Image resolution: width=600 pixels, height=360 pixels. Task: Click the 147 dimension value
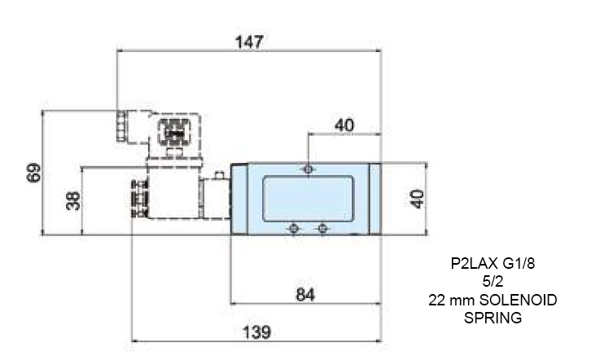pyautogui.click(x=249, y=42)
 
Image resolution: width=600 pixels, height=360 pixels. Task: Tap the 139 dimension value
pyautogui.click(x=256, y=332)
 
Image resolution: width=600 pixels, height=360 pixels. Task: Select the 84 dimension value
pyautogui.click(x=305, y=295)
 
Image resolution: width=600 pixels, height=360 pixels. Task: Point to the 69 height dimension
pyautogui.click(x=33, y=173)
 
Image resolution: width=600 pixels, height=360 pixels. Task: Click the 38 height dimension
pyautogui.click(x=73, y=200)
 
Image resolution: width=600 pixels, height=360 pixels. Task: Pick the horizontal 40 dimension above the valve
pyautogui.click(x=344, y=125)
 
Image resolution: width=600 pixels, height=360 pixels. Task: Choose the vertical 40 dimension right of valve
pyautogui.click(x=417, y=199)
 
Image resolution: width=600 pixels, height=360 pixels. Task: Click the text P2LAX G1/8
pyautogui.click(x=493, y=264)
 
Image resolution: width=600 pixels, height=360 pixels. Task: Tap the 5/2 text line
pyautogui.click(x=493, y=282)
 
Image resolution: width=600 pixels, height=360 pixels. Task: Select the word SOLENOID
pyautogui.click(x=518, y=300)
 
